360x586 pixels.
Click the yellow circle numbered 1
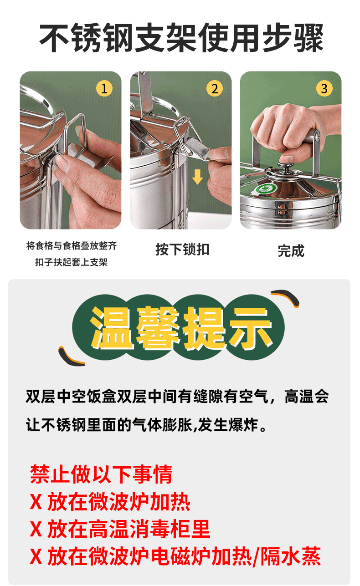click(104, 88)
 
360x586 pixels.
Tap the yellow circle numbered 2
click(215, 88)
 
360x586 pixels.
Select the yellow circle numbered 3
click(324, 88)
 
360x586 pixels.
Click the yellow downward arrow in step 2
click(197, 177)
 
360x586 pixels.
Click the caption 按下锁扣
click(182, 250)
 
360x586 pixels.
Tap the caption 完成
click(291, 250)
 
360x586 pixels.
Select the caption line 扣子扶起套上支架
click(72, 262)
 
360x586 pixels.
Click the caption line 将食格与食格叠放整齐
click(72, 246)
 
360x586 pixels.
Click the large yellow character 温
click(111, 327)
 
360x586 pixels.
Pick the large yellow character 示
click(251, 327)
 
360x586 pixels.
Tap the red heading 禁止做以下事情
click(101, 474)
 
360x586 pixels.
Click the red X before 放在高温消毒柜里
click(36, 529)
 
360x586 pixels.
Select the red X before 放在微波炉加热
click(36, 501)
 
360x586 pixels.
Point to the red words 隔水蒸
click(290, 556)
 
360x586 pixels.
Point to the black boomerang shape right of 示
click(285, 297)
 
